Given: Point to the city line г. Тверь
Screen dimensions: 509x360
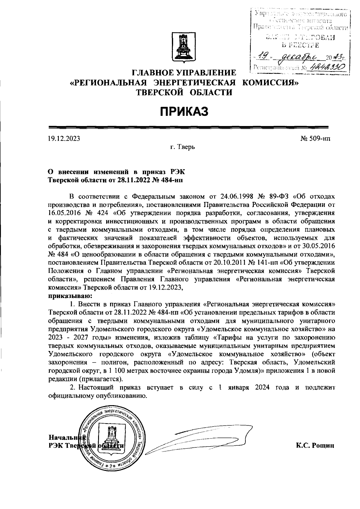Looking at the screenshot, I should (182, 147).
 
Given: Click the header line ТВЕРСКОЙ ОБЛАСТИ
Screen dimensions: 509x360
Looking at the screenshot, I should (184, 92).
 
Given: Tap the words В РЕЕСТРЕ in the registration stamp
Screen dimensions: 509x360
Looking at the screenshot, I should (300, 45).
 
